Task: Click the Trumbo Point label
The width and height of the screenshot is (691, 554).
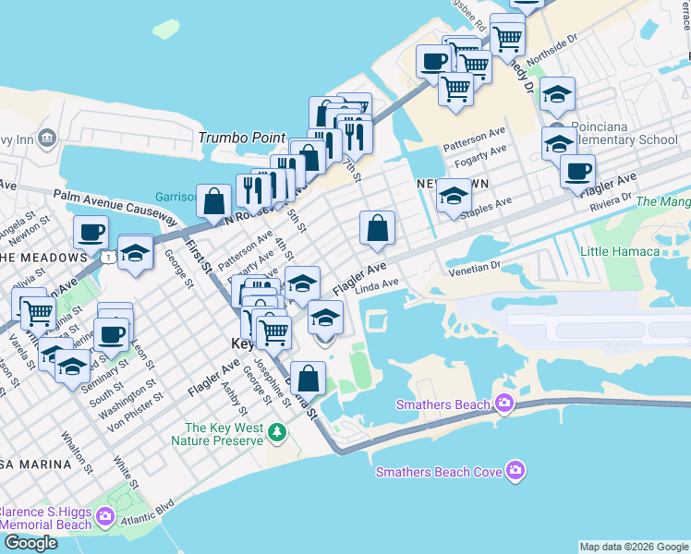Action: point(242,138)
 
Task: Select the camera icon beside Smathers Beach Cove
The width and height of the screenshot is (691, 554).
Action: point(515,472)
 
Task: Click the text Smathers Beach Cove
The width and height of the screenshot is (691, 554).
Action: point(439,472)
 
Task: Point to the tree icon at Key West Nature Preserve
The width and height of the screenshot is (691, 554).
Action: point(275,432)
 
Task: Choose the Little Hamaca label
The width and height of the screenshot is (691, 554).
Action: point(619,251)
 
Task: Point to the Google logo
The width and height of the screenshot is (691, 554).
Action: point(30,543)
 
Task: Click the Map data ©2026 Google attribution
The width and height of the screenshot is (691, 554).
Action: point(634,547)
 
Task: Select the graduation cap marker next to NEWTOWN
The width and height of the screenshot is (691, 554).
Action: point(453,196)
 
